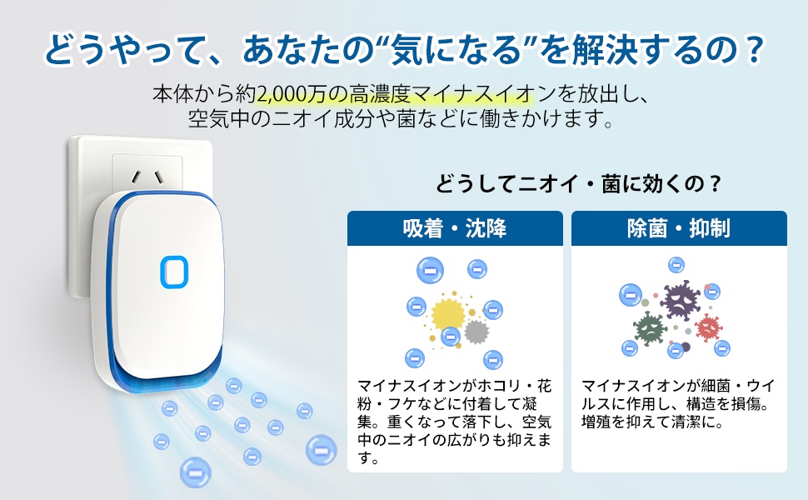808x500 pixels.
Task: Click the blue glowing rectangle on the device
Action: (x=173, y=272)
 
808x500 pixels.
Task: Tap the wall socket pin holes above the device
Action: (x=147, y=177)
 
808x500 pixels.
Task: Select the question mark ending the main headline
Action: (x=752, y=49)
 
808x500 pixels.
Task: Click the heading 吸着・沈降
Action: (x=455, y=227)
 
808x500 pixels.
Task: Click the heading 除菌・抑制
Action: (x=679, y=227)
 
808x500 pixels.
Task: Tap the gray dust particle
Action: (x=476, y=332)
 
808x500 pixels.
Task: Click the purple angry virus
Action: (x=680, y=300)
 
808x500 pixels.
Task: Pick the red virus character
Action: (x=708, y=327)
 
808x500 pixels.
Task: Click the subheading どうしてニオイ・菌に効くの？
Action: (x=579, y=183)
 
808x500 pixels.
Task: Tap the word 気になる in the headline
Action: (x=454, y=49)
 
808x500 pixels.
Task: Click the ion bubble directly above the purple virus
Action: (x=676, y=265)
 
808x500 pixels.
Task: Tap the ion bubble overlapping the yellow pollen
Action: (x=451, y=337)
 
